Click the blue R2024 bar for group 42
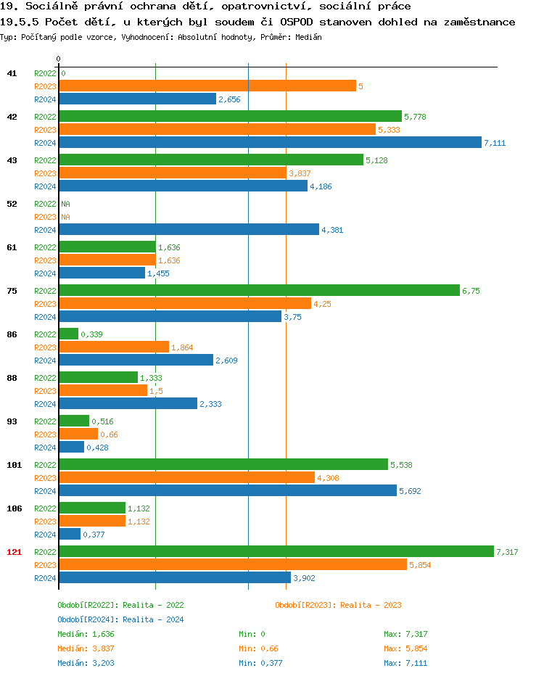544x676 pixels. point(270,143)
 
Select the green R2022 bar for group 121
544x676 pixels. point(276,552)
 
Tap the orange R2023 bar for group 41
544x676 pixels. point(207,86)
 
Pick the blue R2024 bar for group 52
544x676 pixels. point(189,230)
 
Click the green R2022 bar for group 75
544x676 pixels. point(259,291)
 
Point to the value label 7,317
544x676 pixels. point(507,552)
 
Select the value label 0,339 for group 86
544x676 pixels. point(91,334)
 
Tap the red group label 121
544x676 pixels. point(14,552)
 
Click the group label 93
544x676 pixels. point(12,421)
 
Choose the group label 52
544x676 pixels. point(12,204)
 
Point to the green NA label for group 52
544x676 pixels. point(65,204)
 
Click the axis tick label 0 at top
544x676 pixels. point(59,59)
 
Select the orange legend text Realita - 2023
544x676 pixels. point(371,605)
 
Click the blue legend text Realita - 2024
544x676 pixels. point(153,619)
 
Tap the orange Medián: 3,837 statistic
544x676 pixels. point(86,648)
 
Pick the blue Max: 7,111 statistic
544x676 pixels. point(405,663)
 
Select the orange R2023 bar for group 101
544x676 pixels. point(186,478)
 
